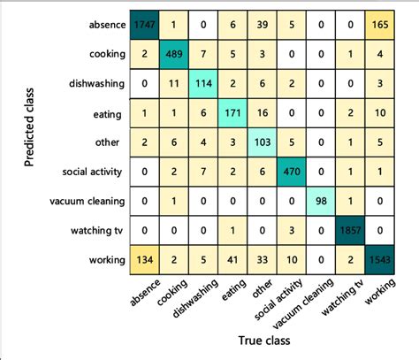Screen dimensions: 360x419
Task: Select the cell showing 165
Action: pyautogui.click(x=390, y=22)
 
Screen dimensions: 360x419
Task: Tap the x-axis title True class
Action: pyautogui.click(x=263, y=340)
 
